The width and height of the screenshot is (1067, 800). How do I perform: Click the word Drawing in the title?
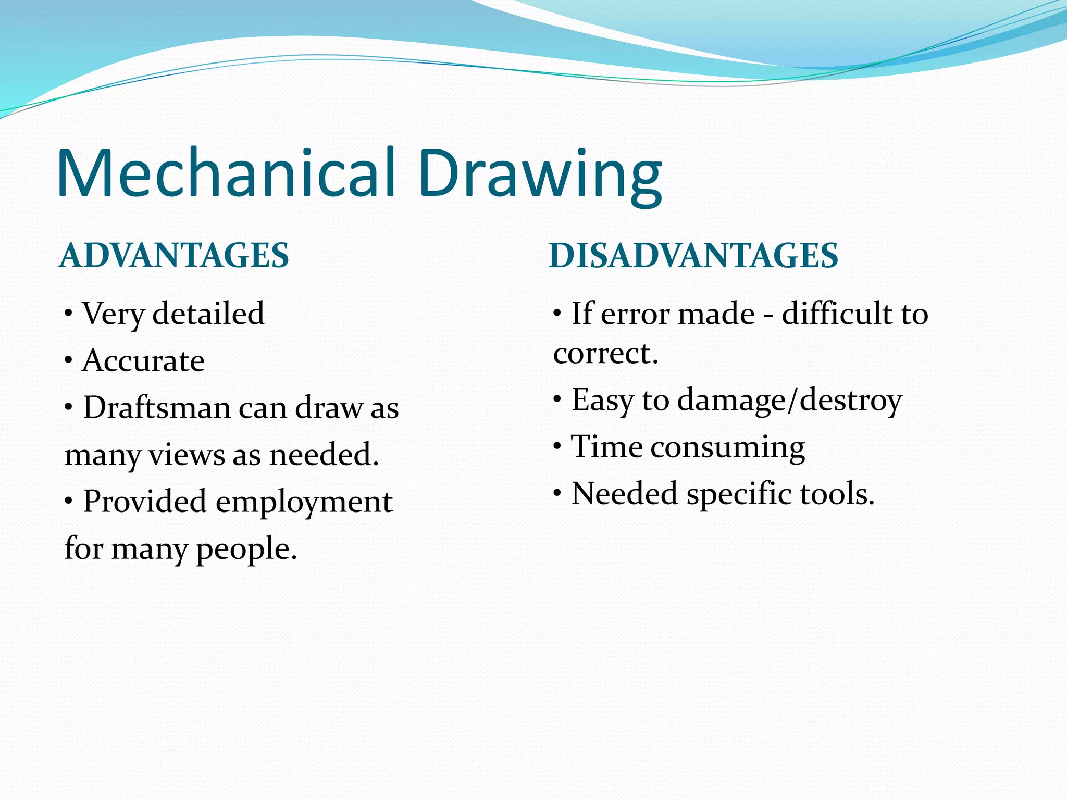click(540, 173)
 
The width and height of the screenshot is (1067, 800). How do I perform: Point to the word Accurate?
click(143, 360)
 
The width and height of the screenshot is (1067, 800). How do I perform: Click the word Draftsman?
click(157, 407)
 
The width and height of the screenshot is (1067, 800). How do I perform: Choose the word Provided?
click(145, 501)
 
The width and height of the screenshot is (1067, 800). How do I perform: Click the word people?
click(246, 549)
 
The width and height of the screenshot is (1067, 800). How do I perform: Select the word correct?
click(605, 354)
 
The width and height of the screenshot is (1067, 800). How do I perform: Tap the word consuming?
click(727, 448)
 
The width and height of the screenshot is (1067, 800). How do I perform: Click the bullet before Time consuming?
click(557, 446)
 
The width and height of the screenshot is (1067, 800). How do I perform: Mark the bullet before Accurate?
click(68, 360)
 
